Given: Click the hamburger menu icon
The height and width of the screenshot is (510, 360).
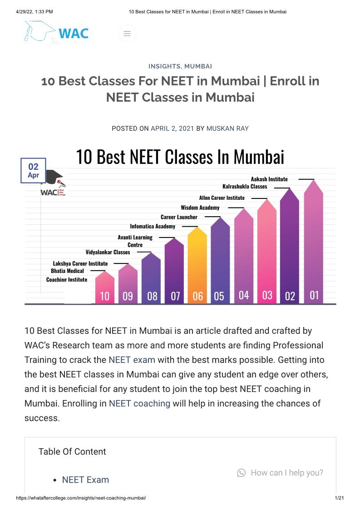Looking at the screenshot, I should coord(127,34).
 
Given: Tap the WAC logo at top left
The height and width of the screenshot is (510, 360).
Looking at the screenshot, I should coord(57,33).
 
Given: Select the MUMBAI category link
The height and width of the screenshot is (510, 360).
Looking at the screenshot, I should coord(198,66).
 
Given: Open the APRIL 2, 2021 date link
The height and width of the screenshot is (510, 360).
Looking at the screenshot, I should coord(172,129).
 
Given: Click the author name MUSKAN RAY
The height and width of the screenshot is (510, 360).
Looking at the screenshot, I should coord(227,129).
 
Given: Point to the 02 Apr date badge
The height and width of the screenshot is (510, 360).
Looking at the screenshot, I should coord(34,171).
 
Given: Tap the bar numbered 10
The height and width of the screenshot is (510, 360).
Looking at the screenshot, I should coord(105,288).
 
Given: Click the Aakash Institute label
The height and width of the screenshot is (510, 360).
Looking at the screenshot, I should coord(269,179).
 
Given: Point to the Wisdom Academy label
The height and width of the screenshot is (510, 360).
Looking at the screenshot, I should coord(200,208).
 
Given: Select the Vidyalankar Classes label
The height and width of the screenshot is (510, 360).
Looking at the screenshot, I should coord(108,252).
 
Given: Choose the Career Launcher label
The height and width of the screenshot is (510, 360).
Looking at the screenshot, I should coord(179,217).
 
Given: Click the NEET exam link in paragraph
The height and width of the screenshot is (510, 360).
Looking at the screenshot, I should coord(132,360).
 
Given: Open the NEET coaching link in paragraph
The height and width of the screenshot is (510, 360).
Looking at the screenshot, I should coord(139,403).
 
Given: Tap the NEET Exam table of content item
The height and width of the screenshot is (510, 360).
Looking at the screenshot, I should coord(85,480).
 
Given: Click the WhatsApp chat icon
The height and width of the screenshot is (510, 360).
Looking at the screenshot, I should coord(241,473).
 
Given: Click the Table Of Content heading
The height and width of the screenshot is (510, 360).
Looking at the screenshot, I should coord(72,451).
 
